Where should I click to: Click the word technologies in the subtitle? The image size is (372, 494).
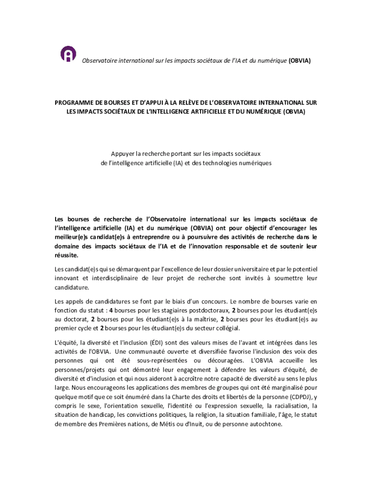[220, 163]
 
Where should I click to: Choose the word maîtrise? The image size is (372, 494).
[202, 319]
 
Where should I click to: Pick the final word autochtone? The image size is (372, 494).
[265, 425]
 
